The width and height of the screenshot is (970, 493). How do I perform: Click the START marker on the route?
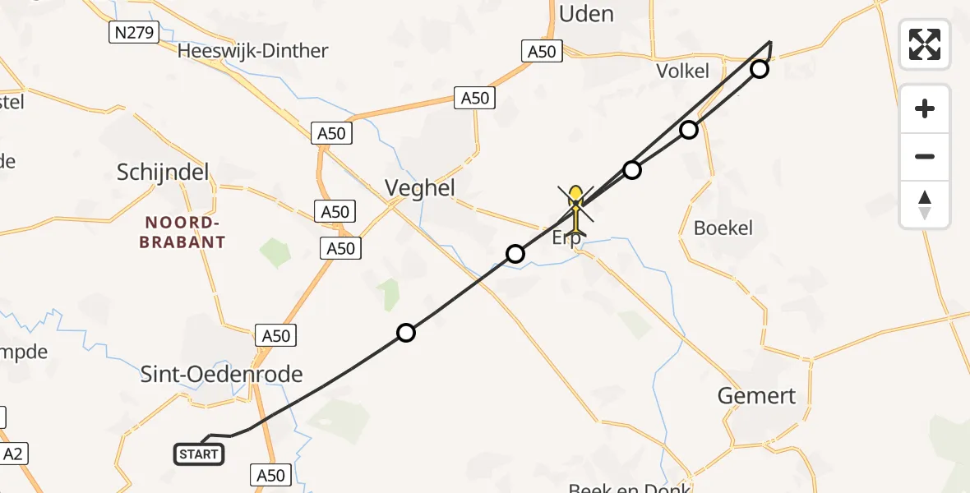point(199,454)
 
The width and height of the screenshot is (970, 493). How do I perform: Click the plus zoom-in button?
point(925,108)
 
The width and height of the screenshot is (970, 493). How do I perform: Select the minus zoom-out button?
point(925,156)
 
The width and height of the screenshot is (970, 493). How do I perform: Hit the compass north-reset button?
point(925,205)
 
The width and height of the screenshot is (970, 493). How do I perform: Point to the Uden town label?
point(586,13)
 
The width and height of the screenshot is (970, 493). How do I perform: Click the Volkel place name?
point(682,71)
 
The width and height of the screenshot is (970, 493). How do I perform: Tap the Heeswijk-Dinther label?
point(254,51)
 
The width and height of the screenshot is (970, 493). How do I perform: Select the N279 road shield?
point(133,32)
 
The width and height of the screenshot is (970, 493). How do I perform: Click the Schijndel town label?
point(163,173)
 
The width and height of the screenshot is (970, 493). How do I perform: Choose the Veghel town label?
point(419,188)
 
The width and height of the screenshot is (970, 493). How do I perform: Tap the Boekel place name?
point(723,228)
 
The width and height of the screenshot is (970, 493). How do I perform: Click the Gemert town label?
point(756,396)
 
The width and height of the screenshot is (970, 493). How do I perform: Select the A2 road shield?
point(12,454)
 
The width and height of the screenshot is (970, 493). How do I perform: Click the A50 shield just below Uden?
point(541,52)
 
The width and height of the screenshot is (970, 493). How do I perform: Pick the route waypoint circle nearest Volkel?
point(760,69)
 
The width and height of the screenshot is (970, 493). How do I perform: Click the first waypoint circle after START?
point(406,333)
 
